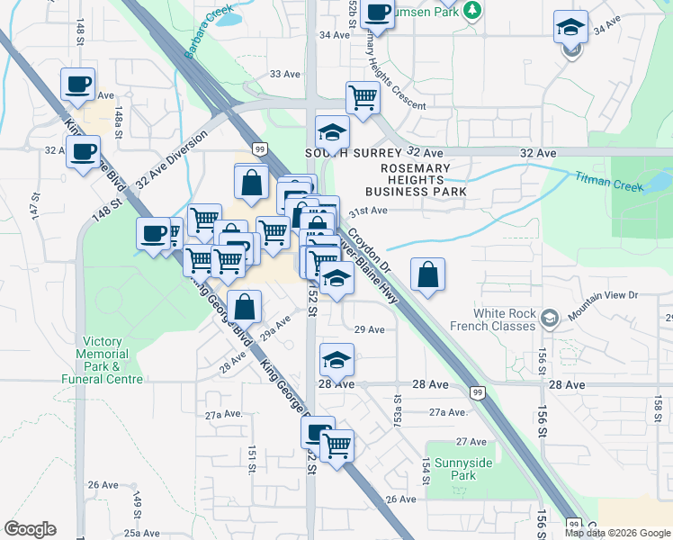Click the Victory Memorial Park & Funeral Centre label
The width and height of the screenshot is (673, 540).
112,360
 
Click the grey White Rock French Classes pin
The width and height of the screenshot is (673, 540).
551,318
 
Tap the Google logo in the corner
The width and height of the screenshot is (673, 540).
31,529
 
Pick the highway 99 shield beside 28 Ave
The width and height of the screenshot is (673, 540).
478,391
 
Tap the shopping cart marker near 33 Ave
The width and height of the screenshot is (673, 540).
363,97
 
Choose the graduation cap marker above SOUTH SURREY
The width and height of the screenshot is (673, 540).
332,131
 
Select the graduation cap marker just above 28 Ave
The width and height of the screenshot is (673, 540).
336,360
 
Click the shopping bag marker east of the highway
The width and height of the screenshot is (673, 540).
428,274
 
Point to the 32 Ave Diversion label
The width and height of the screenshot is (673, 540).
171,159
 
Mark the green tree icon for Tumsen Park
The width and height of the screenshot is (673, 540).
471,10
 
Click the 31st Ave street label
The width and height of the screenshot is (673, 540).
367,211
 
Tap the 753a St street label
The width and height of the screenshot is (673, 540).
397,400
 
